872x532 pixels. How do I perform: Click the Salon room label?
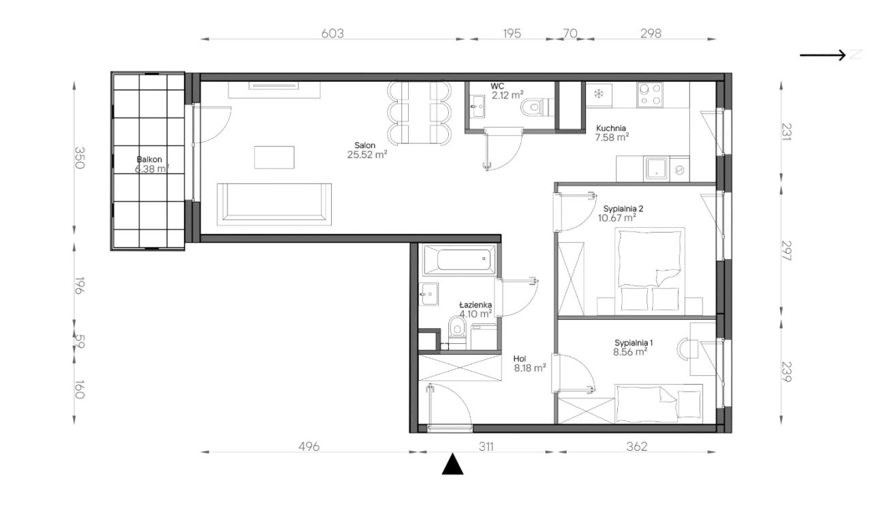tap(364, 145)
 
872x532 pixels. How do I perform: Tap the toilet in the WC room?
tap(537, 107)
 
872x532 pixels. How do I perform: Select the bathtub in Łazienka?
tap(460, 260)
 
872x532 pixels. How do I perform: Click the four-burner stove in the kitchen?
tap(650, 95)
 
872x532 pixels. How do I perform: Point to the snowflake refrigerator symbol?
tap(599, 93)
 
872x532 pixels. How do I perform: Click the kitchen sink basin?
tap(656, 168)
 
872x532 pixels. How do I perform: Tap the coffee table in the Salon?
tap(274, 158)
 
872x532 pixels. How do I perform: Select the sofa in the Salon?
tap(274, 204)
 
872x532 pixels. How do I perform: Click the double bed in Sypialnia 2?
tap(650, 271)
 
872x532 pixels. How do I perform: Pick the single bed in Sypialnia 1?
tap(659, 404)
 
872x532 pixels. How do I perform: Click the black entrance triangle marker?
tap(452, 464)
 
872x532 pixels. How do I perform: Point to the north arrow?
tap(822, 55)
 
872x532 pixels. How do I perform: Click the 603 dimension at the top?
tap(332, 33)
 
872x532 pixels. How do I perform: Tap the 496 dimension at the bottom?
tap(309, 446)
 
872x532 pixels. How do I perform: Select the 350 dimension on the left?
tap(80, 158)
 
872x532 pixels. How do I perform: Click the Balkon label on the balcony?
tap(149, 160)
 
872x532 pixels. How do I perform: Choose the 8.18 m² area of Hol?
tap(530, 368)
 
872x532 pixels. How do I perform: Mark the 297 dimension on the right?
tap(786, 251)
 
